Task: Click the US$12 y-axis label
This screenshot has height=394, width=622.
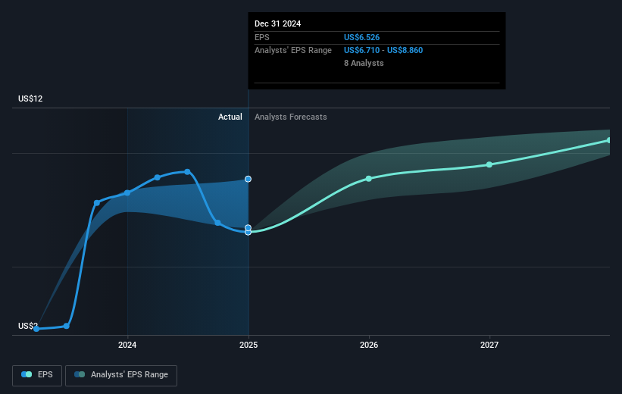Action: (32, 99)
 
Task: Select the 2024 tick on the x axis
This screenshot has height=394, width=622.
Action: (127, 346)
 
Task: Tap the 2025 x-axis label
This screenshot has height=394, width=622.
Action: (248, 346)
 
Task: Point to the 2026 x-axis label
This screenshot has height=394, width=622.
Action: (369, 346)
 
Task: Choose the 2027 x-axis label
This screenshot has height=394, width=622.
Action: (489, 346)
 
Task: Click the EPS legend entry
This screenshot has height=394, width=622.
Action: (38, 374)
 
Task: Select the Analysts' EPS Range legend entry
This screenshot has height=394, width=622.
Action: (121, 374)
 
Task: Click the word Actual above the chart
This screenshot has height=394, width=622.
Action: (230, 117)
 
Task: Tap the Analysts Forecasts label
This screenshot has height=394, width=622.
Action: (291, 117)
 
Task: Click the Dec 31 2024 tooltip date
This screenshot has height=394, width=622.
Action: (277, 23)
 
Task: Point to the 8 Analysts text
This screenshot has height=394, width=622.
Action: (364, 63)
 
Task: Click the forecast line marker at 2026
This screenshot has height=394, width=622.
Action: (369, 179)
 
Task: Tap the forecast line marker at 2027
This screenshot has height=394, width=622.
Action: (489, 164)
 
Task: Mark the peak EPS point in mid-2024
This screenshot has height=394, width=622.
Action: (187, 172)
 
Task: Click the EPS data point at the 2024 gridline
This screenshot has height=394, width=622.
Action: (127, 192)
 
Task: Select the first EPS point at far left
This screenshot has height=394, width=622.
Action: (36, 329)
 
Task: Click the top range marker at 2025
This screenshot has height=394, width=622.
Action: (248, 179)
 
